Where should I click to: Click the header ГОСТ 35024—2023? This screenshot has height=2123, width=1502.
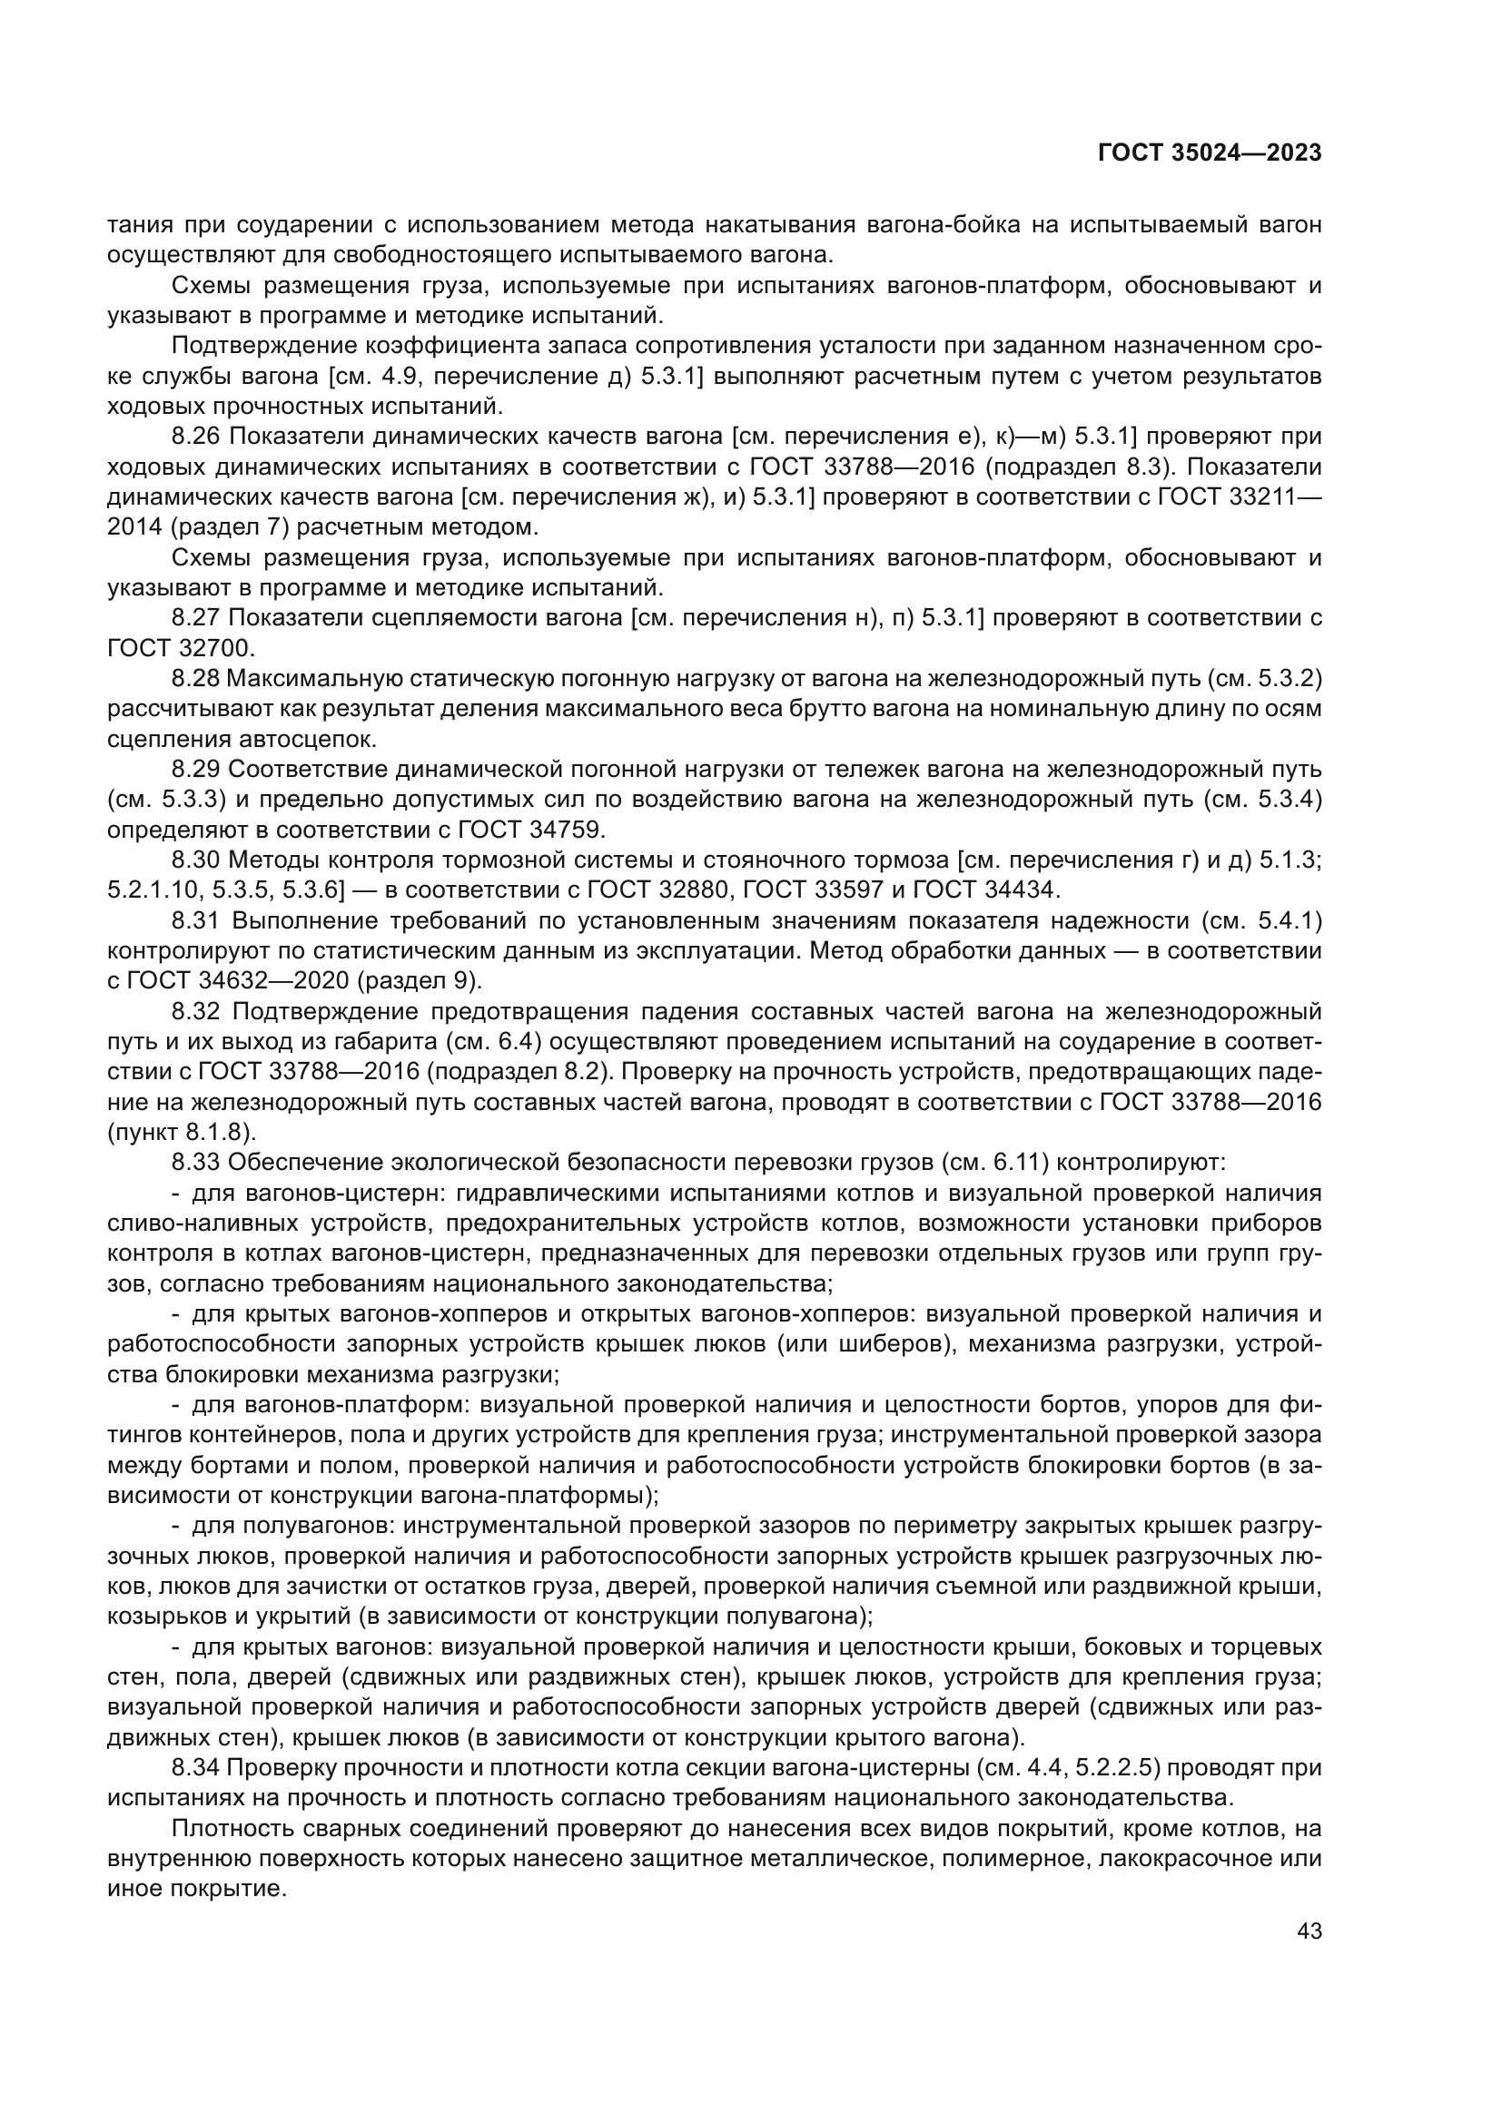click(1209, 153)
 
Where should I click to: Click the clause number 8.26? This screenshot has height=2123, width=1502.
click(196, 437)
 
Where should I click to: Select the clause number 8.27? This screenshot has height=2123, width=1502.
click(196, 618)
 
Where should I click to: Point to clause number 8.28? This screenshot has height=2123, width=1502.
click(196, 679)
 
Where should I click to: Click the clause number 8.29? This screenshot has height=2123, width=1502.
click(196, 770)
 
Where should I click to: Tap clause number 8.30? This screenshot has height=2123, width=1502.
click(196, 860)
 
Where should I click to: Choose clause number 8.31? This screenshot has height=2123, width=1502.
click(196, 921)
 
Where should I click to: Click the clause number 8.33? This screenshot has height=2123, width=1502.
click(196, 1163)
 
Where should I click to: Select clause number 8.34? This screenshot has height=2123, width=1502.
click(196, 1768)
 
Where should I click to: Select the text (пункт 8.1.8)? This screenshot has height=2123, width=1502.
click(182, 1133)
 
